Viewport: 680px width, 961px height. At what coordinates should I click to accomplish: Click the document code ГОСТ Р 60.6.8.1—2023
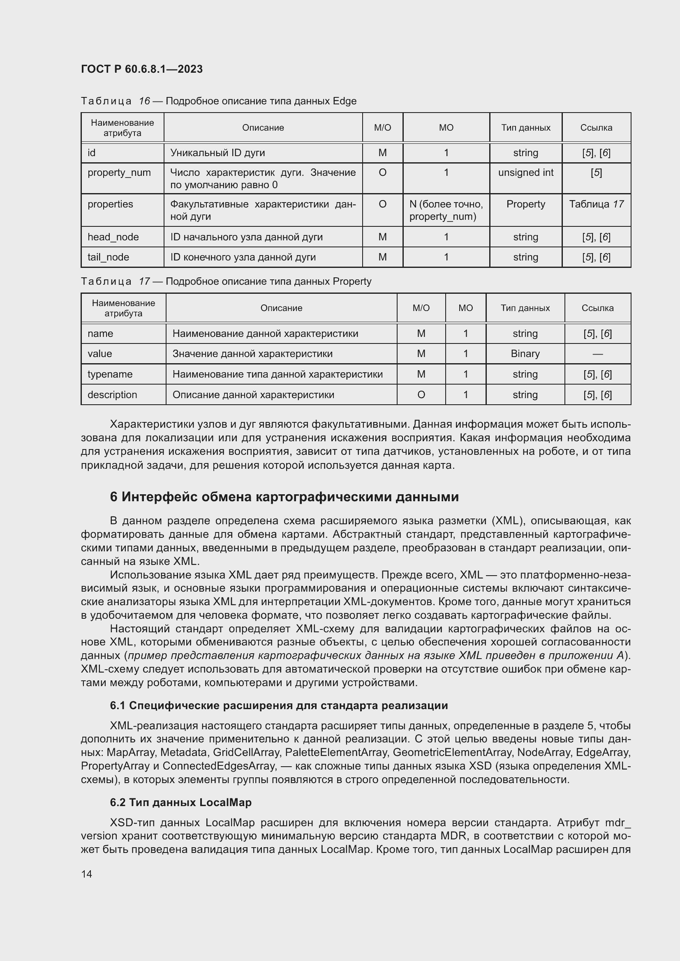pyautogui.click(x=141, y=69)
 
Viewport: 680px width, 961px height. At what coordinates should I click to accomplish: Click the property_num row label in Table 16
pyautogui.click(x=119, y=173)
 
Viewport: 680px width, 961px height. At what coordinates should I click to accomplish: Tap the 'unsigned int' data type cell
pyautogui.click(x=525, y=173)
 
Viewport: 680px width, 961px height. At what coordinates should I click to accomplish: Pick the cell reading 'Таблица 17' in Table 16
pyautogui.click(x=596, y=204)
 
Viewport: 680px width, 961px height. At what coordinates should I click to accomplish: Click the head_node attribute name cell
pyautogui.click(x=113, y=237)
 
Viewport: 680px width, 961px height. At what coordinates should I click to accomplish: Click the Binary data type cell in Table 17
pyautogui.click(x=525, y=354)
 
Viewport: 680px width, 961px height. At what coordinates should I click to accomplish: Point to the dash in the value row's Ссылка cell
pyautogui.click(x=597, y=354)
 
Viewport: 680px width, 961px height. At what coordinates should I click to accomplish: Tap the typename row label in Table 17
pyautogui.click(x=110, y=374)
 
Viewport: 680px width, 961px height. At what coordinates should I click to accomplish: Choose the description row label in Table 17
pyautogui.click(x=112, y=395)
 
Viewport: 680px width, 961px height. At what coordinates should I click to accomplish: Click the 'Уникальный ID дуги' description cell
pyautogui.click(x=217, y=153)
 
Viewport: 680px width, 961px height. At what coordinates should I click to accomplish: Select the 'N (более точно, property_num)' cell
pyautogui.click(x=446, y=210)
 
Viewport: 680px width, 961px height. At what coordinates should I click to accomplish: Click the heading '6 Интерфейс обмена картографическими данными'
pyautogui.click(x=284, y=497)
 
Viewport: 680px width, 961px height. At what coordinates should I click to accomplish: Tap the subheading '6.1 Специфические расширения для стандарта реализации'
pyautogui.click(x=279, y=705)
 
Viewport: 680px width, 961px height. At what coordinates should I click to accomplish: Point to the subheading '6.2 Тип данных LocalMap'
pyautogui.click(x=181, y=802)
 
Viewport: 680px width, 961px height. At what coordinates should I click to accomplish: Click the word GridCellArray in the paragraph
pyautogui.click(x=246, y=752)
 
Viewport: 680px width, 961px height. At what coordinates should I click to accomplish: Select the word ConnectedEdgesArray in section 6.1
pyautogui.click(x=219, y=765)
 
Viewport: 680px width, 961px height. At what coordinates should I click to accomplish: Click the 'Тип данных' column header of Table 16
pyautogui.click(x=525, y=128)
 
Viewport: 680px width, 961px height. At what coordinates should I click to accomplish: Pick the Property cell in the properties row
pyautogui.click(x=525, y=204)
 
